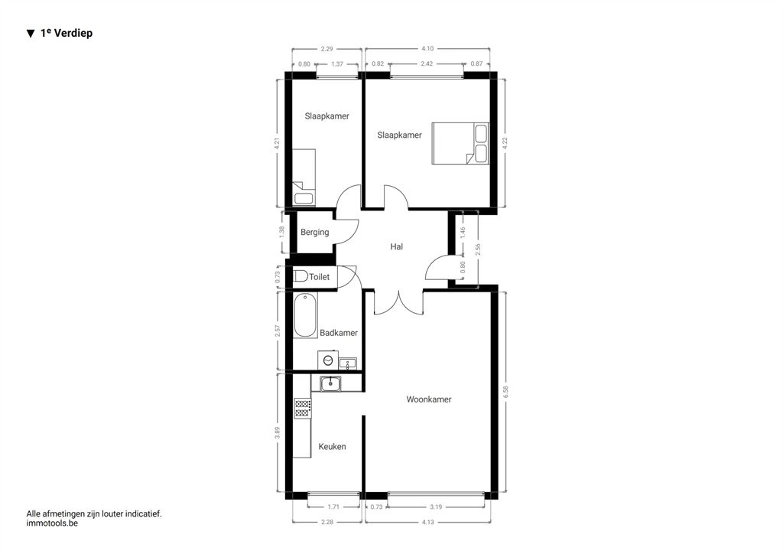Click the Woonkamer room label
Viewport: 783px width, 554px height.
click(x=428, y=399)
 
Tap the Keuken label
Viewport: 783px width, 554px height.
click(x=332, y=447)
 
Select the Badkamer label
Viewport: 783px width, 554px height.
click(x=339, y=333)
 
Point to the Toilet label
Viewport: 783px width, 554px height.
click(x=319, y=277)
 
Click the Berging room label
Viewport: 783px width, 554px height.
click(x=314, y=233)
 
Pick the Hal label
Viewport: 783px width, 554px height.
click(x=397, y=247)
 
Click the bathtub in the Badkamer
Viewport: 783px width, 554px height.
click(x=305, y=316)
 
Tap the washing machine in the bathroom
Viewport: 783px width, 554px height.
click(x=328, y=360)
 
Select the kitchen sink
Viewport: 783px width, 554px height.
click(x=330, y=383)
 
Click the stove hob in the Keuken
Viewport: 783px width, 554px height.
click(x=303, y=408)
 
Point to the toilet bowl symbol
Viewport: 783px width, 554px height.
click(x=301, y=276)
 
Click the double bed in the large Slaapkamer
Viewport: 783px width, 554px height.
click(x=460, y=143)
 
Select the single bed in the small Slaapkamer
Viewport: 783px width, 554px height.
click(x=304, y=178)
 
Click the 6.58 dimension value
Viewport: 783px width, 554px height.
click(x=505, y=392)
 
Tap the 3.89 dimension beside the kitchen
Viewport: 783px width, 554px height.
click(x=277, y=432)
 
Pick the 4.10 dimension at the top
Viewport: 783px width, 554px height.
click(x=427, y=48)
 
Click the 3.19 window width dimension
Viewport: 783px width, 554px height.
click(x=436, y=507)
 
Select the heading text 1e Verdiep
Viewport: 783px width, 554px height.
click(x=67, y=33)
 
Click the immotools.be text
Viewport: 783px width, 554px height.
click(x=52, y=523)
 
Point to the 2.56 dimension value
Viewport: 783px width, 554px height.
click(x=478, y=249)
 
